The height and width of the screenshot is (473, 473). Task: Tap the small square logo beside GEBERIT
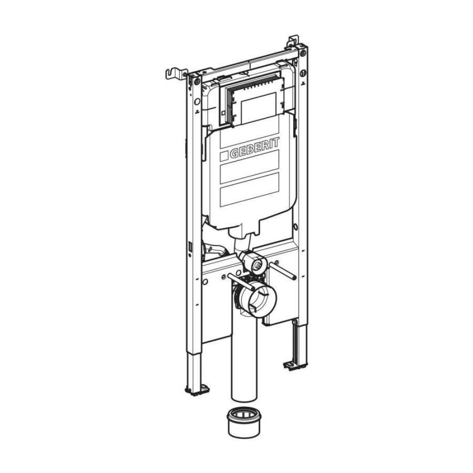[224, 156]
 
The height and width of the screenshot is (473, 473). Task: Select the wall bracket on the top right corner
[293, 42]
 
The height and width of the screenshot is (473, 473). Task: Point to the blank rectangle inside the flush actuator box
[259, 108]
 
